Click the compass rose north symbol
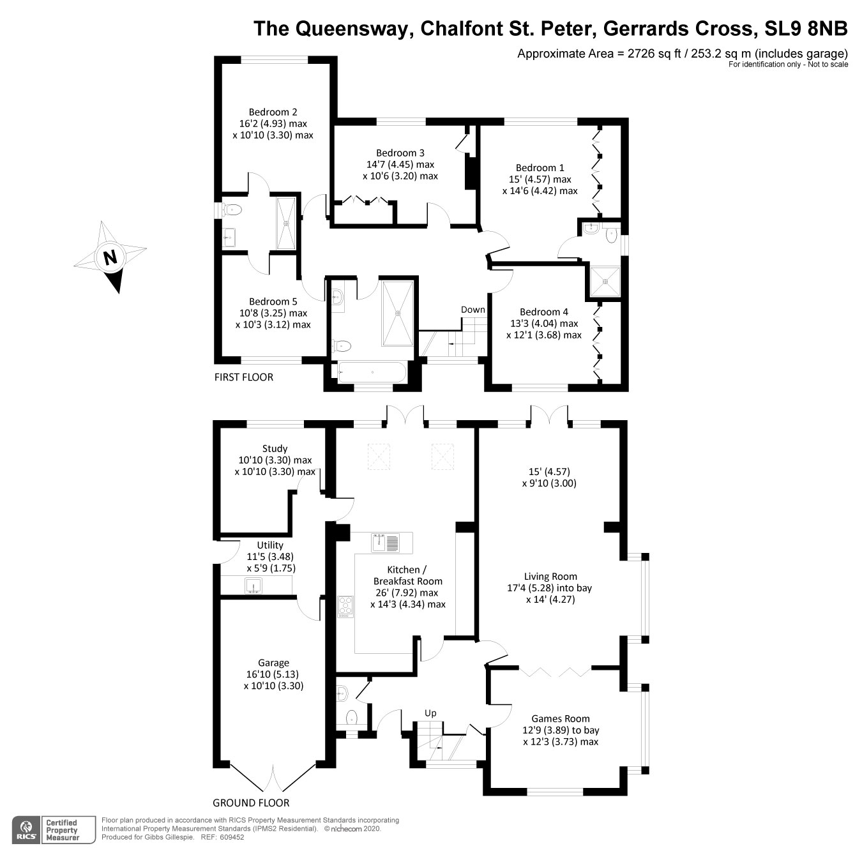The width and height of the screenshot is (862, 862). pyautogui.click(x=110, y=257)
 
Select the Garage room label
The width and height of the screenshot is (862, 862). pyautogui.click(x=273, y=663)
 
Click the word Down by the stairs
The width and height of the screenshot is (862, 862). pyautogui.click(x=473, y=310)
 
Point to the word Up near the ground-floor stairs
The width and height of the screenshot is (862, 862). pyautogui.click(x=431, y=713)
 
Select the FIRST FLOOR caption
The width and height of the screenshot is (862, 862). pyautogui.click(x=243, y=377)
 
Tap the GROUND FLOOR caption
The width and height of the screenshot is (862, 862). pyautogui.click(x=251, y=803)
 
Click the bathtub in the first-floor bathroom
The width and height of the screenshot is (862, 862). pyautogui.click(x=370, y=372)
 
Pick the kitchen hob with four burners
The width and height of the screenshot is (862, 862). pyautogui.click(x=345, y=607)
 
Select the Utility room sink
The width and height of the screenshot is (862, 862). pyautogui.click(x=253, y=585)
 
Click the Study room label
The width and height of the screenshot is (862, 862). pyautogui.click(x=275, y=448)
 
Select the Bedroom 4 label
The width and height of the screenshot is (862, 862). pyautogui.click(x=543, y=312)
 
